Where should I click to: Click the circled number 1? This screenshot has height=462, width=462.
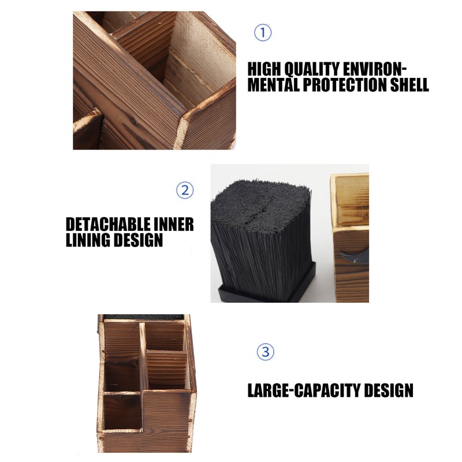[263, 33]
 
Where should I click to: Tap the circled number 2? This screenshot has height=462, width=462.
[184, 190]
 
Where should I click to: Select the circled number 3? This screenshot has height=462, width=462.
[265, 352]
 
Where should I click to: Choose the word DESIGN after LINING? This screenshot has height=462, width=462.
[138, 240]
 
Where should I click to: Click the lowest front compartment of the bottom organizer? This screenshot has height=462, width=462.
[122, 413]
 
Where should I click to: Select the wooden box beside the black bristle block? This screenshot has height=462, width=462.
[350, 237]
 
